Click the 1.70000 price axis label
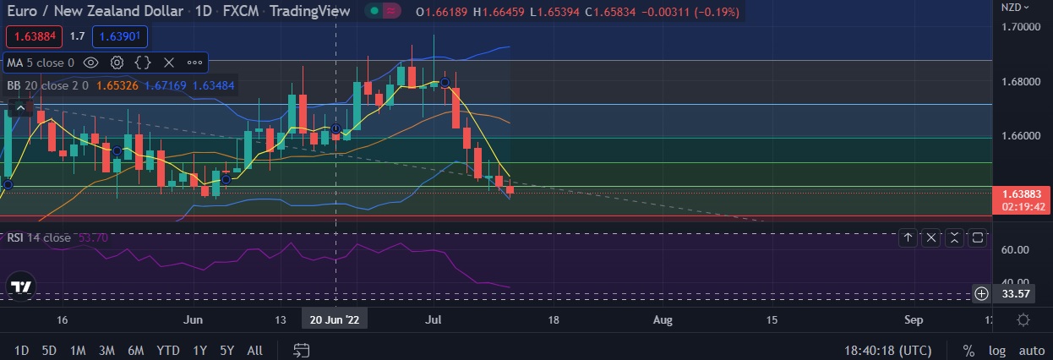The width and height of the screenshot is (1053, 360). point(1021,27)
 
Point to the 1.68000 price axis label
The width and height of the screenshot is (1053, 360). point(1021,82)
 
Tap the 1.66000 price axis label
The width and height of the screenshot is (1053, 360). point(1021,136)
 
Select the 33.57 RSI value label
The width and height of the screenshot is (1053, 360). point(1014,294)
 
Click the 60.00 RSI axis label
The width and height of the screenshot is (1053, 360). point(1015,250)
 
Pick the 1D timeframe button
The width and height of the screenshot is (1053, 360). point(22,350)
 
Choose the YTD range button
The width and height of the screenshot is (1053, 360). point(168,350)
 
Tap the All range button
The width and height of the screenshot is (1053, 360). point(254,350)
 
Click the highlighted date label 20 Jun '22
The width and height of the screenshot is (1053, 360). point(336,319)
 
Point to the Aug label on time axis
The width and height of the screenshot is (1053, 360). point(663,319)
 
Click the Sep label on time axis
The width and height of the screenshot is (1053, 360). point(914,319)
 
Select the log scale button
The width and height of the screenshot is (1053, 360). point(998,350)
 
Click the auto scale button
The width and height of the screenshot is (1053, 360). point(1031,350)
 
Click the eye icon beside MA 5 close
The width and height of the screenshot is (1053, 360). point(91,63)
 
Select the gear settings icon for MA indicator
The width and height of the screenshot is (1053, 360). point(117,63)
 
